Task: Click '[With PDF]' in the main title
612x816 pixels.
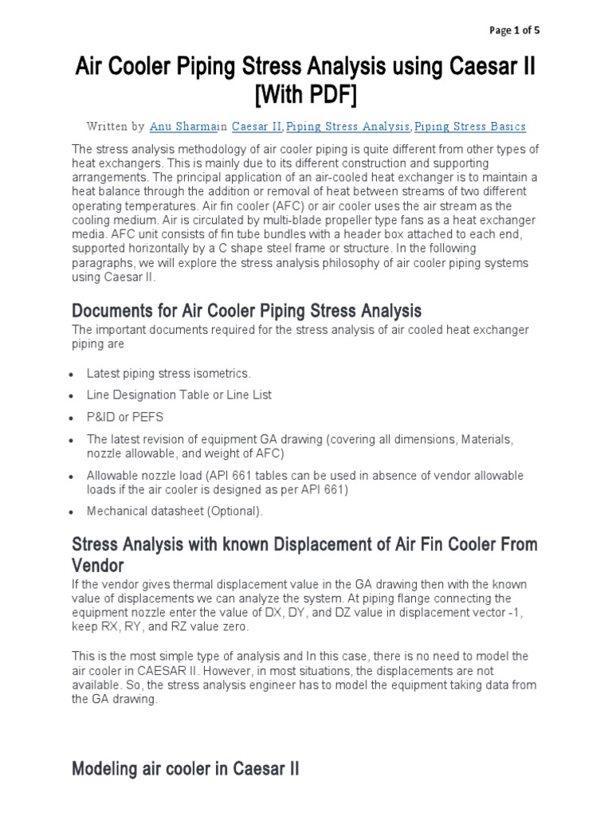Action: [306, 96]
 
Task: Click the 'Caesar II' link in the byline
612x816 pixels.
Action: [257, 127]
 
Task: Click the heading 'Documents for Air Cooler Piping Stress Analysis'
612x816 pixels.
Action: [246, 310]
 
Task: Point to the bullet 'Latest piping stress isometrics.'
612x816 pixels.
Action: [169, 373]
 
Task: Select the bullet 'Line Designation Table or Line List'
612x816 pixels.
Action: [179, 394]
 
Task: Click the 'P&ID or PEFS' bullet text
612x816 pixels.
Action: [125, 417]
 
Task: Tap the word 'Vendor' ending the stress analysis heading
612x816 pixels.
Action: [98, 566]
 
